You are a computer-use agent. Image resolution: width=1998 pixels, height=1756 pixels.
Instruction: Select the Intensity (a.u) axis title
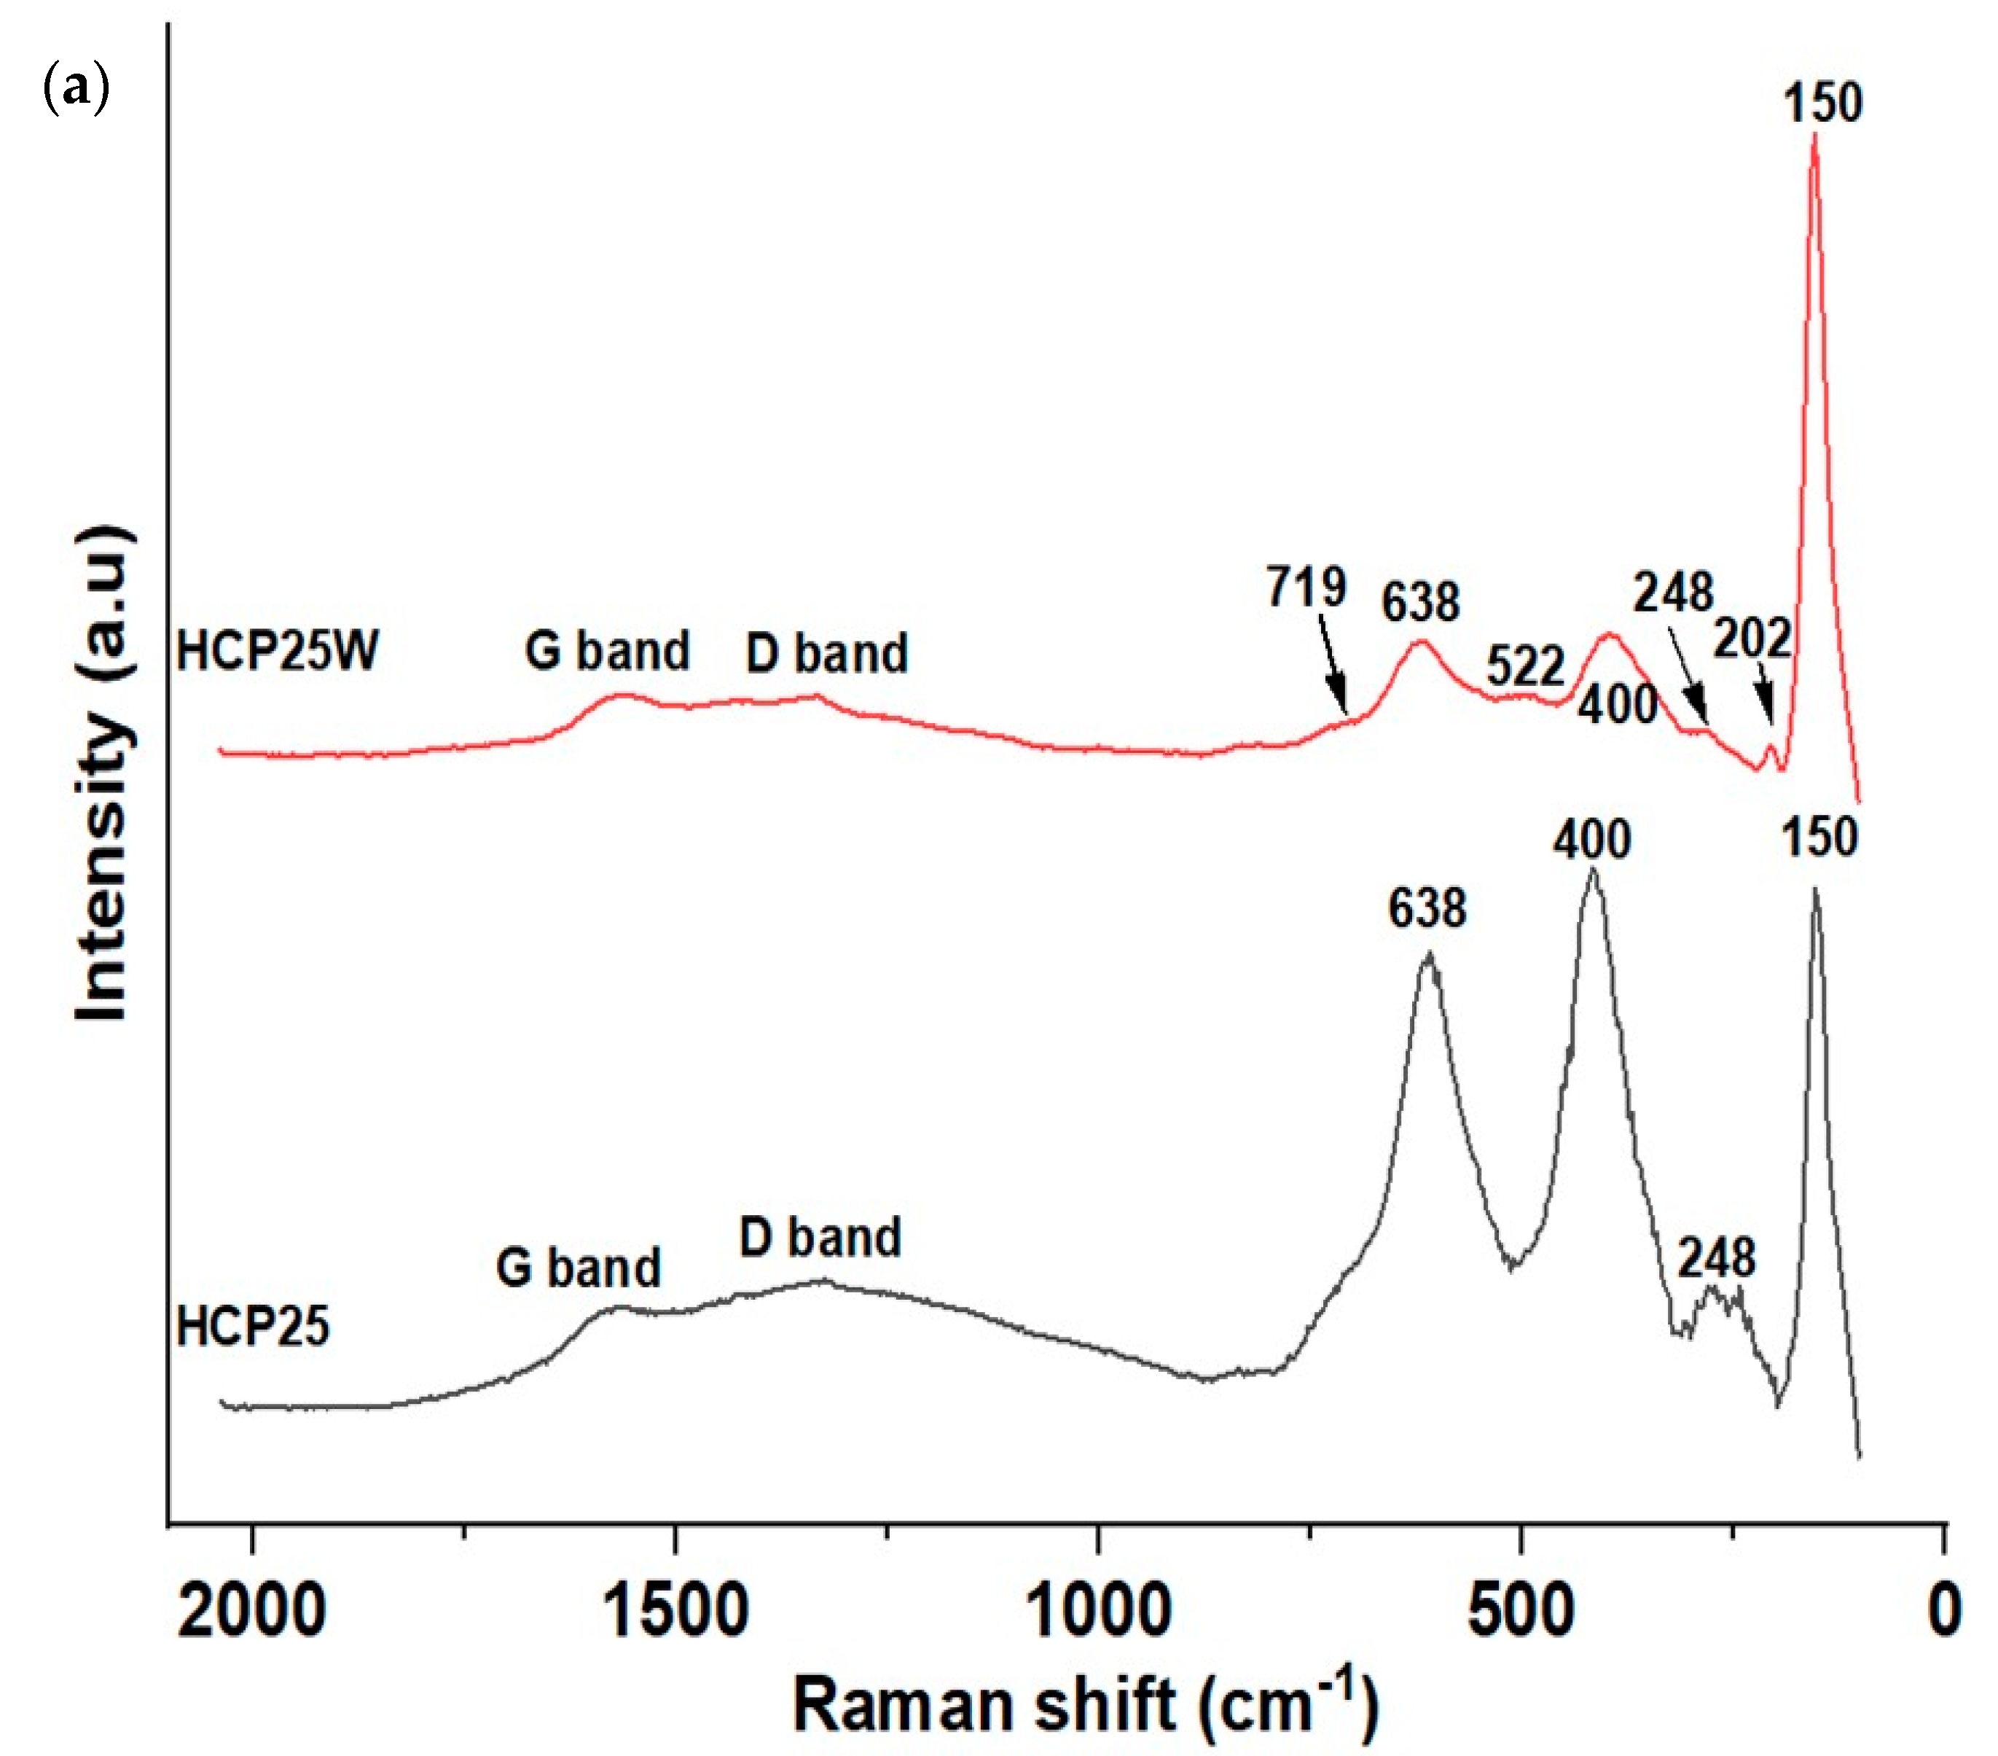pyautogui.click(x=102, y=773)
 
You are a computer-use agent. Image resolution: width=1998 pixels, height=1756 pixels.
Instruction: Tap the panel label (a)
pyautogui.click(x=77, y=89)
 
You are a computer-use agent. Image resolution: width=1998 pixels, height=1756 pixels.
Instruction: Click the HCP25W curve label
pyautogui.click(x=277, y=650)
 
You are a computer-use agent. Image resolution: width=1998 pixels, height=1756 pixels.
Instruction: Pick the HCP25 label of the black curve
pyautogui.click(x=252, y=1327)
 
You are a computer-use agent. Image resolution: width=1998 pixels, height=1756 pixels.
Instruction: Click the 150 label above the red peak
pyautogui.click(x=1822, y=103)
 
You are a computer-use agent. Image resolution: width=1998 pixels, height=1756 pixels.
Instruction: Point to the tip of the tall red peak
pyautogui.click(x=1814, y=137)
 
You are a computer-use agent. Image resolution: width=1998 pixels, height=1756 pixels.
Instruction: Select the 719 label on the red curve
pyautogui.click(x=1306, y=587)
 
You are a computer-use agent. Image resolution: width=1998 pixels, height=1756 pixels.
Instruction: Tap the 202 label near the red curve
pyautogui.click(x=1752, y=639)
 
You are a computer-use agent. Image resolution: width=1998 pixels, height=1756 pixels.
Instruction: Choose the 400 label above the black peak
pyautogui.click(x=1591, y=840)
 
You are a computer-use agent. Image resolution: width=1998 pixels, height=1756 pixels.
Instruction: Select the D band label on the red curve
pyautogui.click(x=827, y=653)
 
